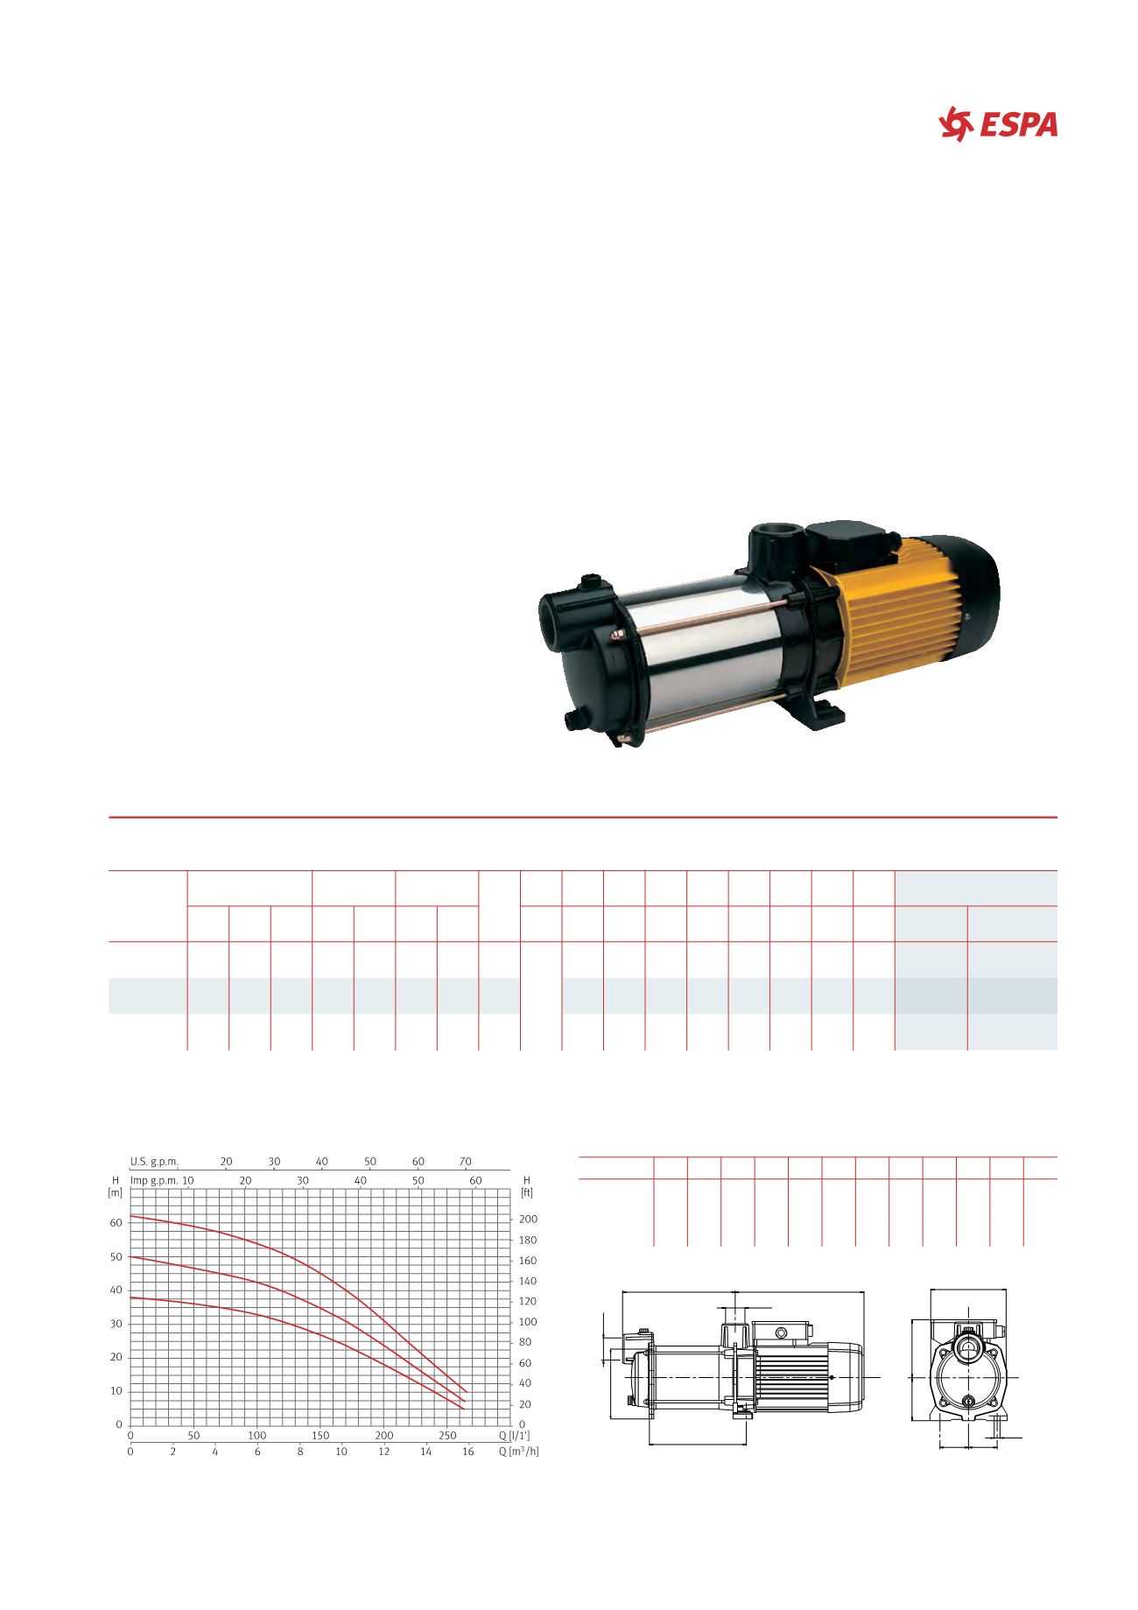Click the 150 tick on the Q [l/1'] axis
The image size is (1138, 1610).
coord(320,1436)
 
